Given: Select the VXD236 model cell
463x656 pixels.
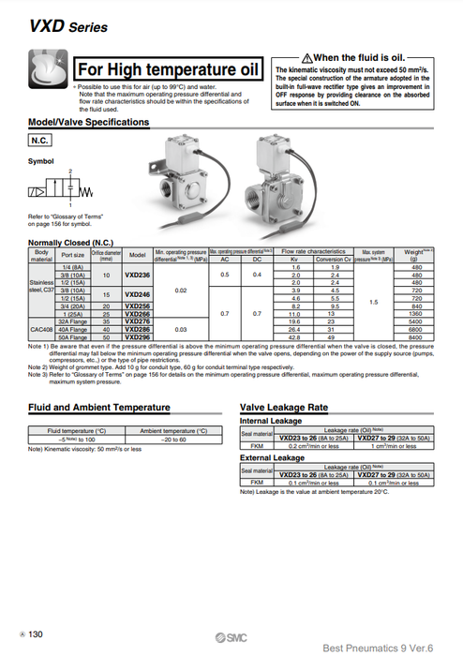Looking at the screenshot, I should pos(137,275).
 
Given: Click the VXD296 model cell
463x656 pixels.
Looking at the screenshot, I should pos(137,336).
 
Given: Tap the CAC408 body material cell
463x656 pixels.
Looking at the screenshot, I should pos(41,328).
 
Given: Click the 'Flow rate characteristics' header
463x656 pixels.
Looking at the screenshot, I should pos(314,251).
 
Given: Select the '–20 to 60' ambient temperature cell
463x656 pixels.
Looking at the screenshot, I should pos(173,439).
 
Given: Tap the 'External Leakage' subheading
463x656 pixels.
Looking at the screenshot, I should pos(271,456).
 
